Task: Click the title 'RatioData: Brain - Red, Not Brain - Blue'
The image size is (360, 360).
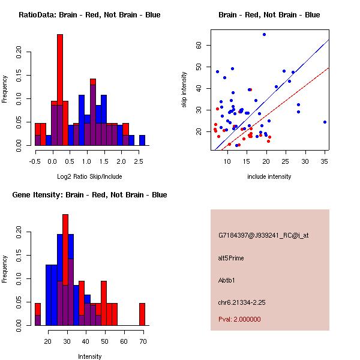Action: pyautogui.click(x=89, y=15)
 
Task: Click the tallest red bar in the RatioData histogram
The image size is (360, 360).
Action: pyautogui.click(x=60, y=90)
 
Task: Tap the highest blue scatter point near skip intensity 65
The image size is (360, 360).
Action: pyautogui.click(x=264, y=35)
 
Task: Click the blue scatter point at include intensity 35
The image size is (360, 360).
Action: pyautogui.click(x=325, y=122)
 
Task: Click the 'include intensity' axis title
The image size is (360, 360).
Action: pyautogui.click(x=269, y=176)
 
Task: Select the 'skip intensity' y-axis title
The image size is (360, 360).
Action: pyautogui.click(x=185, y=90)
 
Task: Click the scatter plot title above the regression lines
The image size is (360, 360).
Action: pyautogui.click(x=269, y=15)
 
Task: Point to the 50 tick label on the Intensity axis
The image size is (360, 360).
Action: pyautogui.click(x=104, y=341)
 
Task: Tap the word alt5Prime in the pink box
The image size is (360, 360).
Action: pyautogui.click(x=232, y=258)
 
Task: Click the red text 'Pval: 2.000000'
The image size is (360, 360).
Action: pyautogui.click(x=240, y=319)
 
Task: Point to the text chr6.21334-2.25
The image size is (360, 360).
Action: pyautogui.click(x=242, y=302)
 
